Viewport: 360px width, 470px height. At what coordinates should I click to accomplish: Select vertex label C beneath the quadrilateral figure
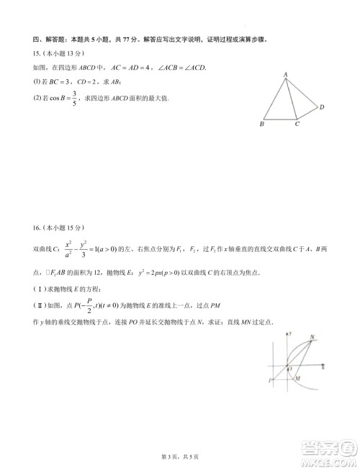(x=297, y=124)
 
